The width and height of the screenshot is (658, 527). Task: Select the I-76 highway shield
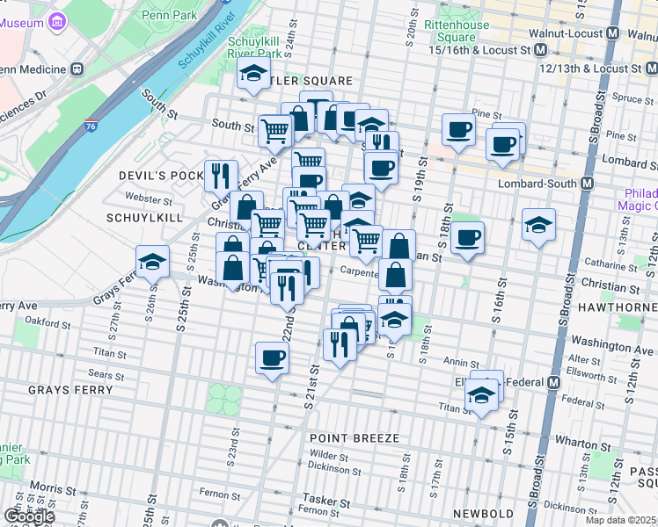coord(91,126)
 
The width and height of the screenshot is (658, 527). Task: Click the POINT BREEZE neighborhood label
coord(355,437)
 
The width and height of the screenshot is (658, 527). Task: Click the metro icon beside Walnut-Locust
coord(638,34)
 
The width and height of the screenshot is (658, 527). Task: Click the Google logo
coord(29,516)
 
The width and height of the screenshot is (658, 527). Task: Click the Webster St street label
coord(144,199)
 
